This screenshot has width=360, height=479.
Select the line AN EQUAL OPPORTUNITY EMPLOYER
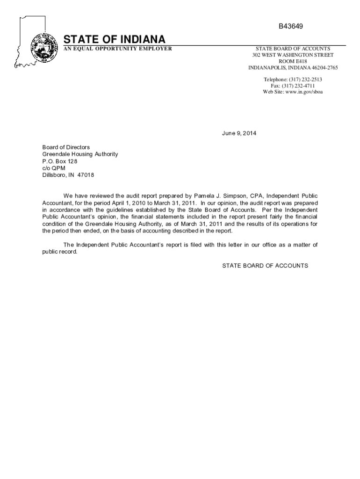click(117, 49)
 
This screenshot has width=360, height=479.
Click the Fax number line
click(293, 86)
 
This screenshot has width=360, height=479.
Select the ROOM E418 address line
click(293, 61)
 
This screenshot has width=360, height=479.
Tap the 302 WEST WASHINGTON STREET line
click(293, 55)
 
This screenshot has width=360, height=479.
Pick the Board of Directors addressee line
click(66, 147)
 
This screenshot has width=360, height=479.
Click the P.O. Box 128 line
click(60, 161)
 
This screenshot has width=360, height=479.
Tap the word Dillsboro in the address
click(56, 175)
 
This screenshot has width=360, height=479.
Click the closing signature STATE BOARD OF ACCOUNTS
click(265, 266)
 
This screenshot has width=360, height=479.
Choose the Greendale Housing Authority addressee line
click(80, 154)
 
